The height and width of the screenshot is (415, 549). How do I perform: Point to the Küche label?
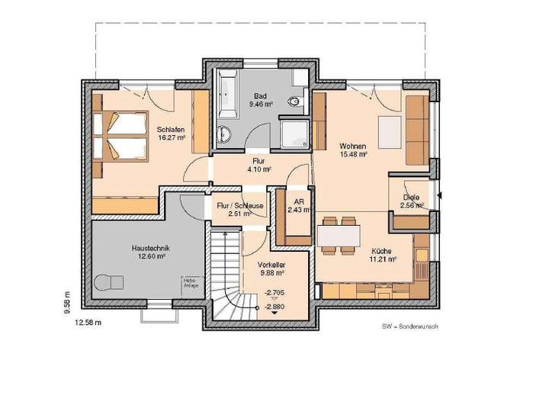tap(383, 254)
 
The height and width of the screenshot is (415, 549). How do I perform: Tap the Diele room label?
tap(412, 201)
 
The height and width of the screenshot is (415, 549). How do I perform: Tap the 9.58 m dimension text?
tap(66, 301)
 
